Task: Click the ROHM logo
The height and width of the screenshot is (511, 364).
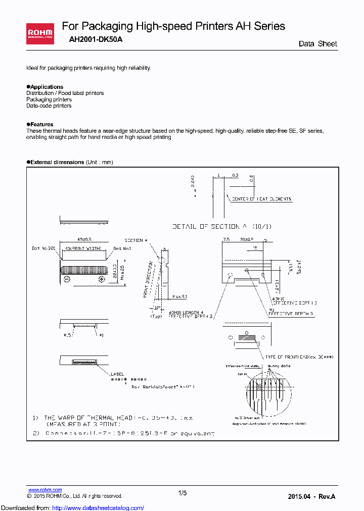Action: click(x=40, y=32)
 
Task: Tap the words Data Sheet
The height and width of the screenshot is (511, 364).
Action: click(x=317, y=44)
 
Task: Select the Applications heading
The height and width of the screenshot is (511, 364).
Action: click(x=46, y=87)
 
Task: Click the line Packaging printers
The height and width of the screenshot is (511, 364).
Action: click(x=49, y=99)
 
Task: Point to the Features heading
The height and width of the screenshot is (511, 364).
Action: click(x=41, y=124)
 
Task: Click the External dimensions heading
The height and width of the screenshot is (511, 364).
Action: click(x=57, y=162)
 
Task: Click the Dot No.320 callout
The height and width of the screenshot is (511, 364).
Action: click(x=42, y=248)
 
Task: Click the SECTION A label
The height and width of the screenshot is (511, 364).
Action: click(x=135, y=240)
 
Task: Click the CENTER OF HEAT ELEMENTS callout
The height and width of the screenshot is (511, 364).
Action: click(x=261, y=199)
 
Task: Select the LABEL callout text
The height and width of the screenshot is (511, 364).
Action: click(x=117, y=374)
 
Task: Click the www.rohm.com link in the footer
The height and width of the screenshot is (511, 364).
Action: click(x=44, y=490)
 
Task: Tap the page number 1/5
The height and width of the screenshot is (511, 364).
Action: click(x=183, y=493)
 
